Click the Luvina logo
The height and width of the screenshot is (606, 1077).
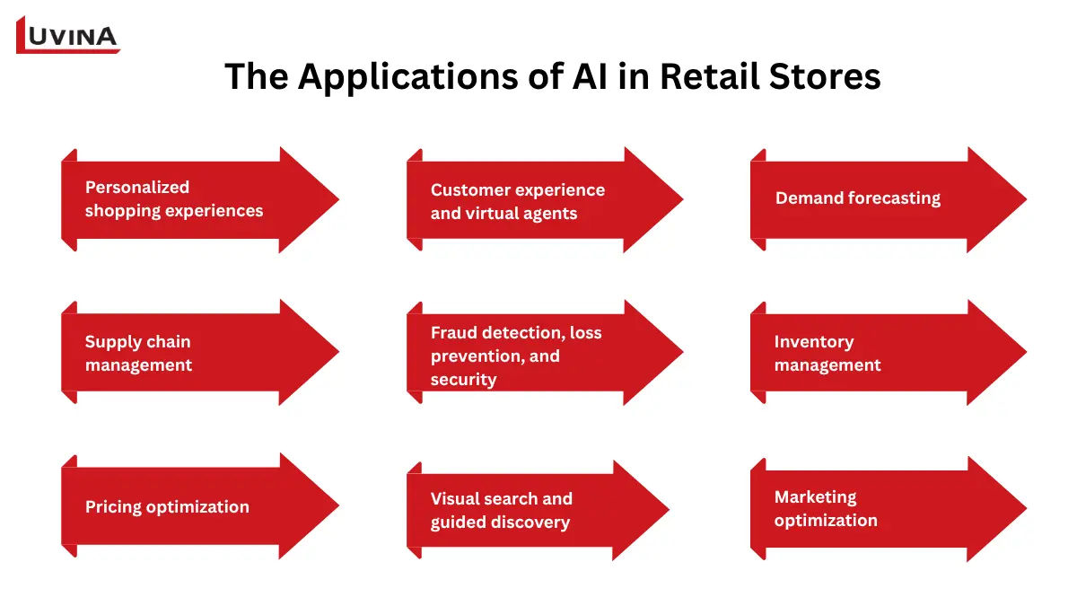(x=67, y=35)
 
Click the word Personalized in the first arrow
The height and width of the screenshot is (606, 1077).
(x=137, y=187)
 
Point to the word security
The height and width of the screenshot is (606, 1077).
(x=463, y=380)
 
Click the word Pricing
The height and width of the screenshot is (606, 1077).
(x=114, y=507)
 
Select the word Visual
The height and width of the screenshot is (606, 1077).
(x=458, y=499)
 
